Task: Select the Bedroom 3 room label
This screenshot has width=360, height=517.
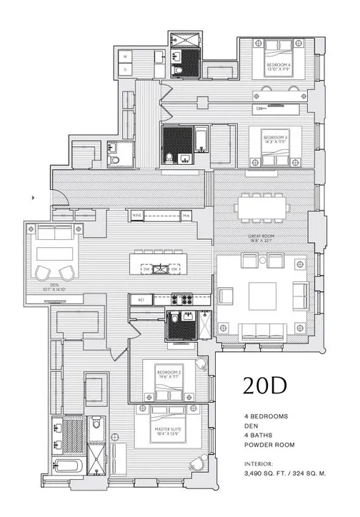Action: click(x=275, y=139)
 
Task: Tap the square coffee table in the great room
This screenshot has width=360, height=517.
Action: click(x=263, y=293)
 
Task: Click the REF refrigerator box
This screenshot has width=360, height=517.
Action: click(x=141, y=300)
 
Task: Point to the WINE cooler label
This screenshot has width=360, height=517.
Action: click(x=137, y=215)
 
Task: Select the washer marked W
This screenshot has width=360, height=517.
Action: click(x=125, y=56)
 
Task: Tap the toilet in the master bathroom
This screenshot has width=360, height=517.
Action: click(x=96, y=424)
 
